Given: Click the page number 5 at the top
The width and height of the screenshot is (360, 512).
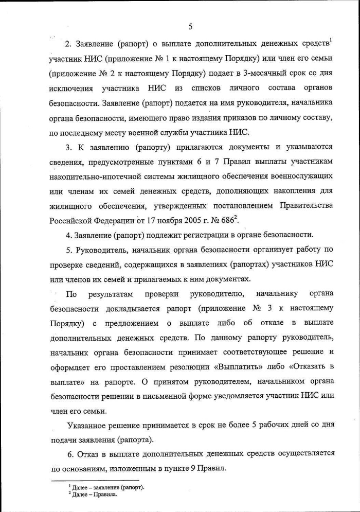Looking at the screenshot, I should click(x=190, y=27).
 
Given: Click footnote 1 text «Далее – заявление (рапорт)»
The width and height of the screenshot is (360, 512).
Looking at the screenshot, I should click(x=109, y=487).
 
